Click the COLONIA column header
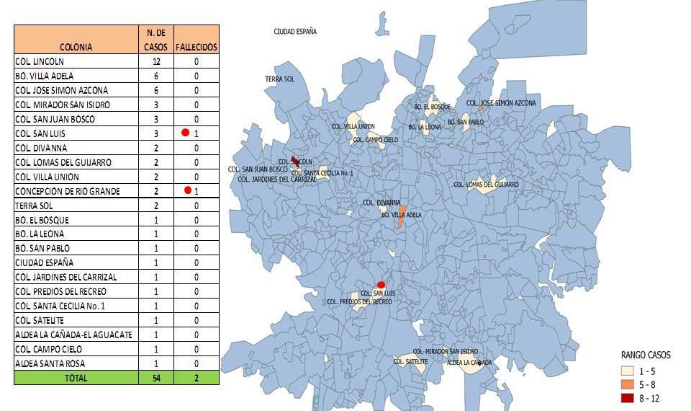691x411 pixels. click(76, 47)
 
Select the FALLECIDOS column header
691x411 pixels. click(197, 47)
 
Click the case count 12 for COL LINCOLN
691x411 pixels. click(155, 61)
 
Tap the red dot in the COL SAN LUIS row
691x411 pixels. click(186, 133)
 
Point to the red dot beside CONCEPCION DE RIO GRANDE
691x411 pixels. click(187, 190)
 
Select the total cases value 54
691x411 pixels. click(155, 377)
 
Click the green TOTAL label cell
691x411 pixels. click(76, 377)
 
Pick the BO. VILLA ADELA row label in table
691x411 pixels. click(44, 76)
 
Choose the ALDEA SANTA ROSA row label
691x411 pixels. click(45, 363)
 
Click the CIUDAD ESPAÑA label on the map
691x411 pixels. click(295, 32)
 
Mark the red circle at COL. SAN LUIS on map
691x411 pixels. click(381, 285)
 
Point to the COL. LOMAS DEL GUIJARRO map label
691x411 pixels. click(486, 185)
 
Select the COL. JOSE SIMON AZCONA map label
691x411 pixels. click(501, 103)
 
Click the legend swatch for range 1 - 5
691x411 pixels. click(630, 370)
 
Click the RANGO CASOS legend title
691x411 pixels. click(646, 355)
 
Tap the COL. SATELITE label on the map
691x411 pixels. click(410, 361)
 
